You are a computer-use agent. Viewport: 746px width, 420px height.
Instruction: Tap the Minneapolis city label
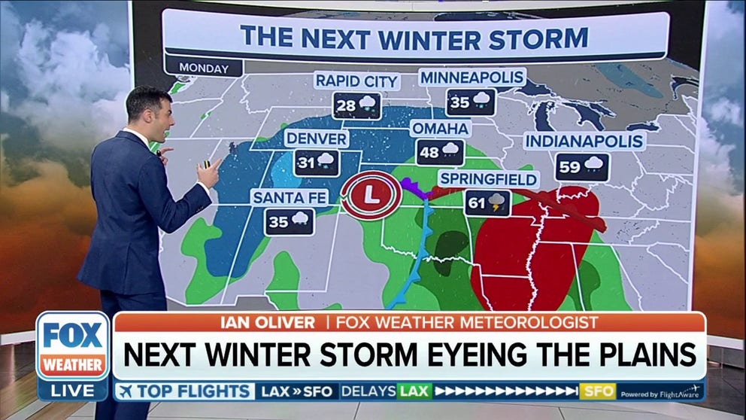point(472,78)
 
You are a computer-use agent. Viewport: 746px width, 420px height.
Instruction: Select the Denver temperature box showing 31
point(317,162)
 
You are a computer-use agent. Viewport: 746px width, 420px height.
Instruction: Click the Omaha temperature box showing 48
point(440,152)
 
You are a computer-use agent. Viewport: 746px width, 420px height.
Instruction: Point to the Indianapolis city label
point(584,141)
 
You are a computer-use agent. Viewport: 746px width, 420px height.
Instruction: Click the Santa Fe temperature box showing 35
point(290,221)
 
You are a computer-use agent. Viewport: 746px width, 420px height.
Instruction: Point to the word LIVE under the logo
point(73,390)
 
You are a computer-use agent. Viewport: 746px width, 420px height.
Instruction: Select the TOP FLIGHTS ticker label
point(186,391)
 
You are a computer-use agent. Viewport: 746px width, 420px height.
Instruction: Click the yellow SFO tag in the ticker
point(598,391)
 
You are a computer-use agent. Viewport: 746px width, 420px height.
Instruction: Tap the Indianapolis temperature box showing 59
point(583,166)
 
